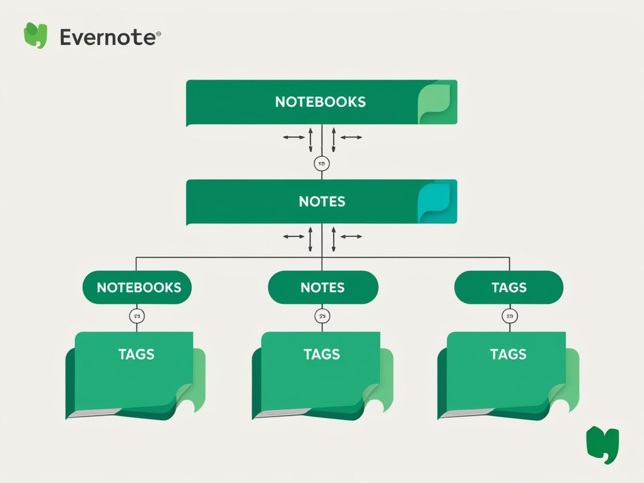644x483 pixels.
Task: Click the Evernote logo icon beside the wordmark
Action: [x=35, y=35]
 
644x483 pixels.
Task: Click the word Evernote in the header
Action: [x=108, y=37]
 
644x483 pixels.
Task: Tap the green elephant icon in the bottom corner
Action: [x=602, y=444]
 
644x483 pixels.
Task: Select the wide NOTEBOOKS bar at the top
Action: [x=302, y=102]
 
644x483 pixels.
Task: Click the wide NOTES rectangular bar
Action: [x=302, y=201]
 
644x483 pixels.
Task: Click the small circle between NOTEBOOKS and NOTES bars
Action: [x=321, y=164]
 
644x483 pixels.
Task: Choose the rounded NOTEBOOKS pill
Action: [x=137, y=287]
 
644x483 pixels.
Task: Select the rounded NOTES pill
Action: [x=323, y=287]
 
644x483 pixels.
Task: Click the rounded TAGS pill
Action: [x=509, y=287]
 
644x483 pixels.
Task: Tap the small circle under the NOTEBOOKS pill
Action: [x=137, y=316]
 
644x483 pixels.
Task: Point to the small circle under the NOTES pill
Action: [x=323, y=316]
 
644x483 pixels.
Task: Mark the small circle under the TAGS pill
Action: [x=510, y=316]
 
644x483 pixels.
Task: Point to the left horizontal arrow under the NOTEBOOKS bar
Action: [x=294, y=137]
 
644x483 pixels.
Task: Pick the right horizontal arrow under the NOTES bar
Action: [x=351, y=236]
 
